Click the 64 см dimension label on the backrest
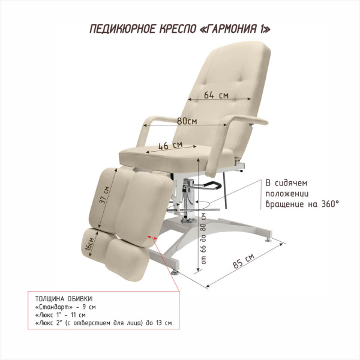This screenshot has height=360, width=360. (216, 94)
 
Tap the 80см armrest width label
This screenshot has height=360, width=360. (187, 121)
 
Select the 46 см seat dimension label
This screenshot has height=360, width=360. (170, 145)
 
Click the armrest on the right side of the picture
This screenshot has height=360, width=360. (253, 119)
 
